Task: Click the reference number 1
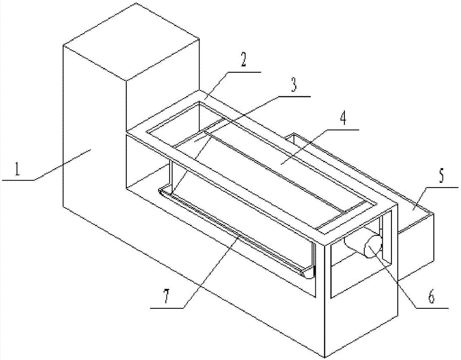coord(17,169)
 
